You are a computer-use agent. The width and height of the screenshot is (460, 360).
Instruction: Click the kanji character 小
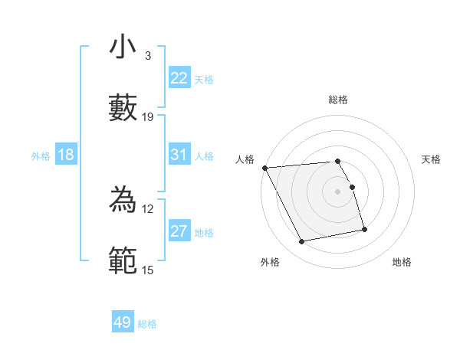[x=123, y=47]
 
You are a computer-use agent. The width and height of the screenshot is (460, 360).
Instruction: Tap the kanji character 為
[x=123, y=201]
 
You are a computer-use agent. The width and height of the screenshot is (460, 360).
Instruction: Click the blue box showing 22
[x=179, y=78]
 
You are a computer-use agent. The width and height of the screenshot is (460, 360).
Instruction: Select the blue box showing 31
[x=179, y=155]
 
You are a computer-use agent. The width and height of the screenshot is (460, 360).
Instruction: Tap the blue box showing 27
[x=179, y=232]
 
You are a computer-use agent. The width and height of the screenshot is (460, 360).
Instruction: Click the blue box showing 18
[x=66, y=155]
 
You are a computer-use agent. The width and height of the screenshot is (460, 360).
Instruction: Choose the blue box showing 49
[x=123, y=322]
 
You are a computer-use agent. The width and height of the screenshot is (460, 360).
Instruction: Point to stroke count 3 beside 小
[x=147, y=56]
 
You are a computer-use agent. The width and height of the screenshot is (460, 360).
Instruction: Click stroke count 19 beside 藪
[x=148, y=117]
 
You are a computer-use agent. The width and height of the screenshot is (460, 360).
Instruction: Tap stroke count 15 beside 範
[x=148, y=270]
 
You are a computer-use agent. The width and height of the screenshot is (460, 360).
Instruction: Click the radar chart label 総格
[x=338, y=100]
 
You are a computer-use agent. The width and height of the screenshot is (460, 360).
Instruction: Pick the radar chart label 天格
[x=432, y=159]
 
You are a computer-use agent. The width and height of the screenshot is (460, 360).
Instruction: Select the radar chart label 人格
[x=244, y=159]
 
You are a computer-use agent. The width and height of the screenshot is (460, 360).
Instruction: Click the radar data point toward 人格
[x=264, y=167]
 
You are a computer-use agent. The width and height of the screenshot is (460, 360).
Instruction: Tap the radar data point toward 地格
[x=364, y=228]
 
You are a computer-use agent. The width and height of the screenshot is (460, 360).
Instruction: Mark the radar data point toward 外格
[x=302, y=242]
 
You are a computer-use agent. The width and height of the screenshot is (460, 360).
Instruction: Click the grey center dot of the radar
[x=338, y=191]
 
